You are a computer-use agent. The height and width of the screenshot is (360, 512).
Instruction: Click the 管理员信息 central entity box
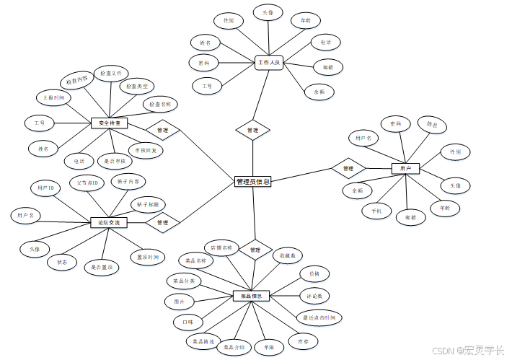click(253, 182)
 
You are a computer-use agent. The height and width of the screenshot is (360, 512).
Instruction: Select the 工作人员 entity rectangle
click(270, 63)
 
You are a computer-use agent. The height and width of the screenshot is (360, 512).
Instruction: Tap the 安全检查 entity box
click(109, 123)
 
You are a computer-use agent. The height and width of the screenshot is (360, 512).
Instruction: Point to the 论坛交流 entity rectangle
click(109, 223)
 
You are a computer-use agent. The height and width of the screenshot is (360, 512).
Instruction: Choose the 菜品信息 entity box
click(251, 295)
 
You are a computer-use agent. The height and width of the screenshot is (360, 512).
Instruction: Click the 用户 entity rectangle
click(405, 168)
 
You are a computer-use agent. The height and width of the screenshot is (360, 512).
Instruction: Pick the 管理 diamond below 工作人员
click(252, 131)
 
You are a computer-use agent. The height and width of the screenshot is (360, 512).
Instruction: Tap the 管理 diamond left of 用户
click(348, 168)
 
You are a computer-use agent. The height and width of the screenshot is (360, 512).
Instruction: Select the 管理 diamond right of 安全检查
click(162, 131)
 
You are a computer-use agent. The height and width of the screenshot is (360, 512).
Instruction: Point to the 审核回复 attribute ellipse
click(146, 150)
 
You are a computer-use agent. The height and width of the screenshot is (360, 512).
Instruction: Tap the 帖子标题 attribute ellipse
click(149, 203)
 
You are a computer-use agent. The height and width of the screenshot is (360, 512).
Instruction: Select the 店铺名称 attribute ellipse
click(221, 247)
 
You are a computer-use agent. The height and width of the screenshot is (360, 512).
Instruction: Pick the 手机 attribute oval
click(376, 211)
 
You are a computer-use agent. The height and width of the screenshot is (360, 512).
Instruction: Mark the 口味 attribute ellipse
click(188, 321)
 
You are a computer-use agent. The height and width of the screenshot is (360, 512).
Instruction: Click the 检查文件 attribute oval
click(113, 74)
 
